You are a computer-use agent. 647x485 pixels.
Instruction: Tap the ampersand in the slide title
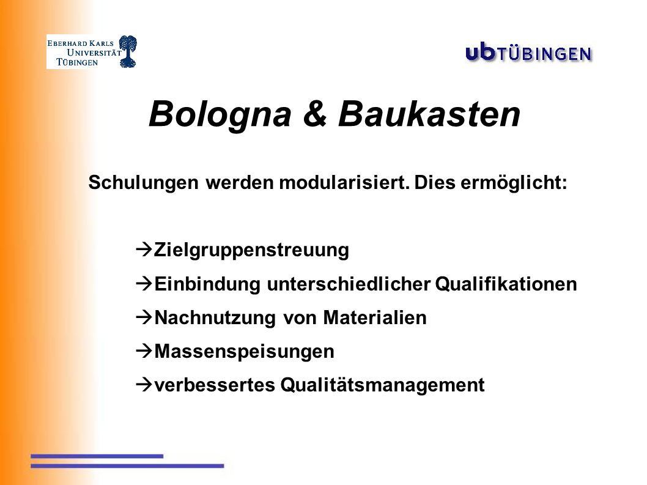[x=315, y=114]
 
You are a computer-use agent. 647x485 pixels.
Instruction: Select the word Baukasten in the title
[x=429, y=114]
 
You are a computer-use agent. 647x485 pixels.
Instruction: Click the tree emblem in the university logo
[x=128, y=51]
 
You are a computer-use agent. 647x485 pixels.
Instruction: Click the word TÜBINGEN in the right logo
[x=545, y=54]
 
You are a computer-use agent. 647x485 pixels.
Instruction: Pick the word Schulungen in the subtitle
[x=144, y=183]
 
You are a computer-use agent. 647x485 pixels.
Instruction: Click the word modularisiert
[x=344, y=182]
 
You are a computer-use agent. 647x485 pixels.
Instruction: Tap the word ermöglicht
[x=514, y=183]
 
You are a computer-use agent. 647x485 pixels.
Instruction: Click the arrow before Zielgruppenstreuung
[x=144, y=250]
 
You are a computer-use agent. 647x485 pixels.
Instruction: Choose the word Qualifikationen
[x=506, y=284]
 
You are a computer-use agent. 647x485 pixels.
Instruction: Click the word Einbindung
[x=207, y=284]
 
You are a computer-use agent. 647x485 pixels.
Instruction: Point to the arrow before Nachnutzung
[x=144, y=317]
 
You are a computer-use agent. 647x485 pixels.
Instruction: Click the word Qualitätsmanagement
[x=382, y=385]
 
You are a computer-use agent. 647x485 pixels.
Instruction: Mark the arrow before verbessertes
[x=144, y=385]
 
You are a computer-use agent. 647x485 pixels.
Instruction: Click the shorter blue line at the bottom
[x=97, y=456]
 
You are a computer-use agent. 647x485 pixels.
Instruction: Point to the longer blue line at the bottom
[x=127, y=466]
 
